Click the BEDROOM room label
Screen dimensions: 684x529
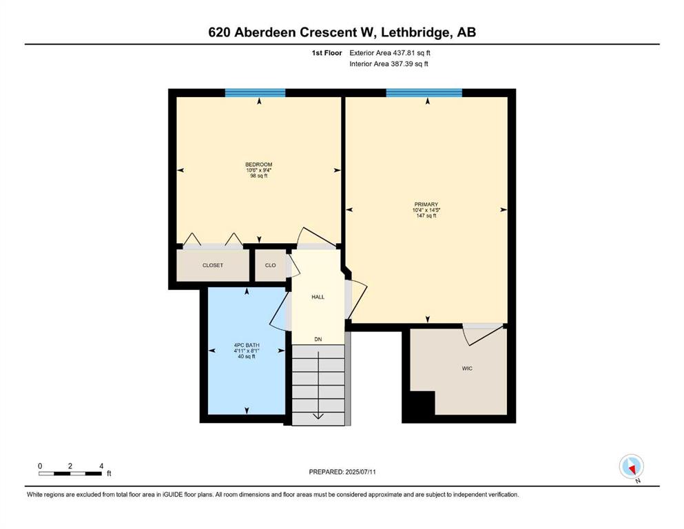point(259,165)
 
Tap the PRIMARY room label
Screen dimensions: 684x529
point(426,204)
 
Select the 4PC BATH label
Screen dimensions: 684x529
point(247,345)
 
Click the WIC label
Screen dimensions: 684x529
point(467,369)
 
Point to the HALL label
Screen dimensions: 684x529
point(318,297)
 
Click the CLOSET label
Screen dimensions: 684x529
point(213,265)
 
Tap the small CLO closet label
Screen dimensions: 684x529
point(271,265)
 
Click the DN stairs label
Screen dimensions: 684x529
point(318,340)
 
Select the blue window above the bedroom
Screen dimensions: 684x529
point(255,93)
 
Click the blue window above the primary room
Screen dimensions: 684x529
point(424,93)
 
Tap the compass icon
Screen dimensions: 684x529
point(631,466)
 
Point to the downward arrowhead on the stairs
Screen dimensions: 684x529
point(318,416)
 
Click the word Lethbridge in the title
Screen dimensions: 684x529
point(417,32)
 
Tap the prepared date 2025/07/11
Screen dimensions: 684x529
point(360,472)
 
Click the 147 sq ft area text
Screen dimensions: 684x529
point(426,216)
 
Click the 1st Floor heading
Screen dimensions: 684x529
point(327,53)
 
